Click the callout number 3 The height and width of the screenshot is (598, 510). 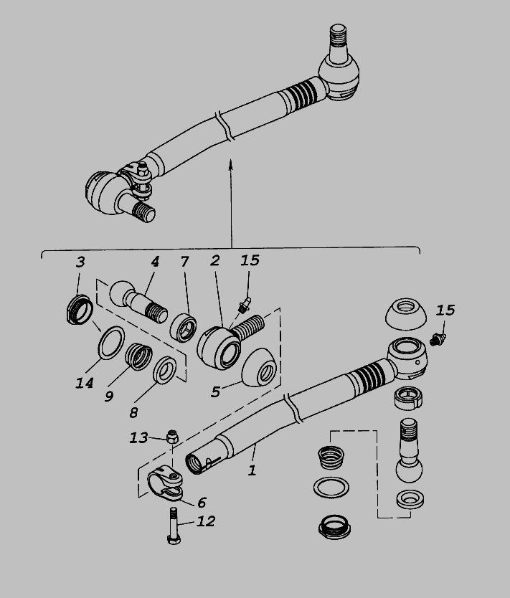[80, 262]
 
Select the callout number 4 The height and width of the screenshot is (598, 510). [154, 262]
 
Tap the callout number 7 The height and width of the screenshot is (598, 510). [184, 262]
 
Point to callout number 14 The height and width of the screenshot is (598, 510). [85, 383]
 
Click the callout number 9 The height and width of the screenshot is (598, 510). [109, 397]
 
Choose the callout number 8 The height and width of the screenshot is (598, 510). [133, 412]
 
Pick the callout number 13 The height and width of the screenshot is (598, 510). [138, 437]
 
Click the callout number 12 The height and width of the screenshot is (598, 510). [206, 521]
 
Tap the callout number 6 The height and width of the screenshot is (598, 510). [202, 503]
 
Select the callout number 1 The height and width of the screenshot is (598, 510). [252, 470]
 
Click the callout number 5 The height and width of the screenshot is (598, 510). [215, 391]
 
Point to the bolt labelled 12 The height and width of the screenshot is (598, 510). [174, 526]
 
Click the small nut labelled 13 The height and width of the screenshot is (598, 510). [172, 436]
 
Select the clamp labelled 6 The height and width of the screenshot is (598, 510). [165, 483]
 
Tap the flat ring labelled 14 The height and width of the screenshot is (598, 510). [111, 343]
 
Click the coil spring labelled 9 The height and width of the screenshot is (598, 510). [139, 356]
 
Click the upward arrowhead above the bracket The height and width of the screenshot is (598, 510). [230, 164]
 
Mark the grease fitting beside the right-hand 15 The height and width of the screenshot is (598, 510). [438, 339]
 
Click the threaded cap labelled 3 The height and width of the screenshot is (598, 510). [80, 309]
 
